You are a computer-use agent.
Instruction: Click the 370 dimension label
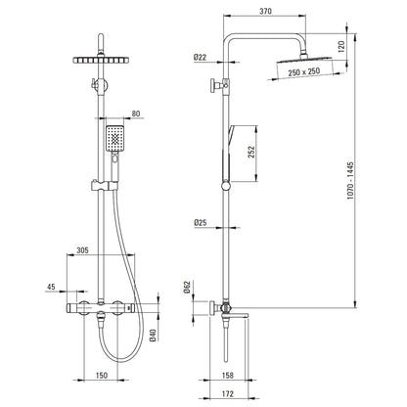(265, 11)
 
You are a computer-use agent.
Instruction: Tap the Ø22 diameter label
(200, 58)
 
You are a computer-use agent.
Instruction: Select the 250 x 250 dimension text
(304, 71)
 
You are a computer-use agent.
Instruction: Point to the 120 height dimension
(340, 47)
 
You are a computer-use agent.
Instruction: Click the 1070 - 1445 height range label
(350, 181)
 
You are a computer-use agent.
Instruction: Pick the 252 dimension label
(251, 152)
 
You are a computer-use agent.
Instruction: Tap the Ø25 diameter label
(201, 223)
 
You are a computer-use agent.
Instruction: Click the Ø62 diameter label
(187, 287)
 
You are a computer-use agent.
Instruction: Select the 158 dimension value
(227, 376)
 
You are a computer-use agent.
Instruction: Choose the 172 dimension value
(227, 394)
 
